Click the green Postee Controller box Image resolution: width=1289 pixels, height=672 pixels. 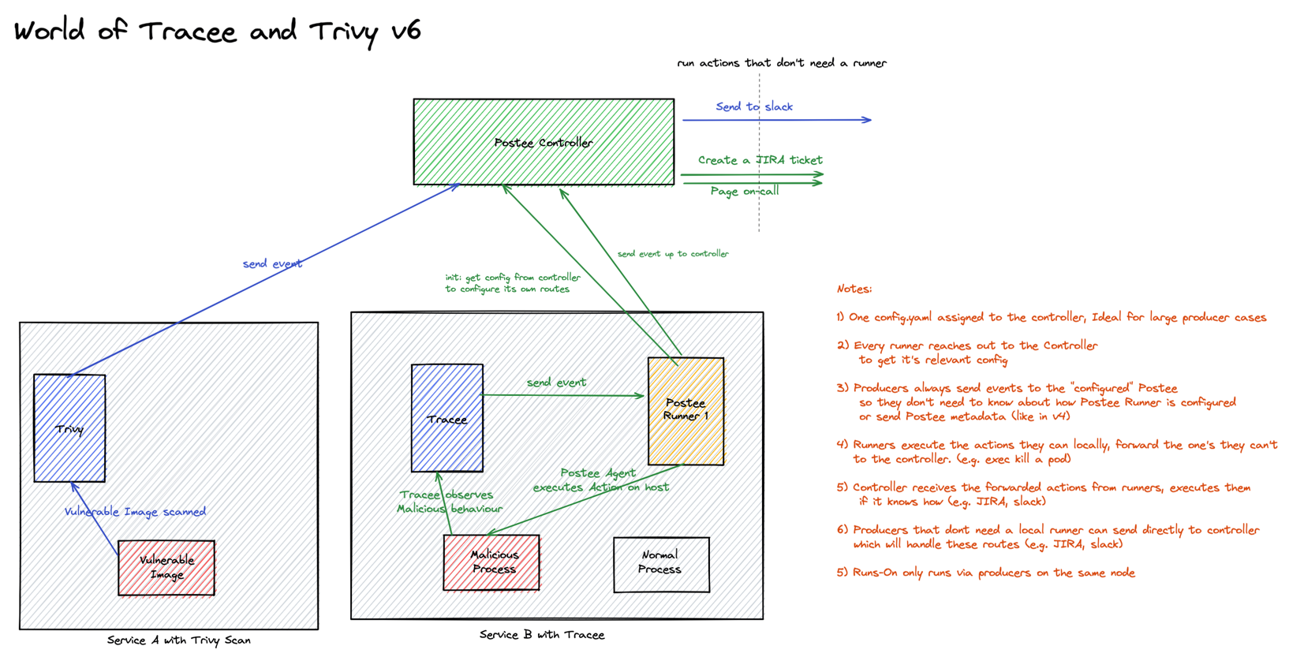tap(544, 142)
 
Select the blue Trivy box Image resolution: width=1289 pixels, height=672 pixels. tap(69, 428)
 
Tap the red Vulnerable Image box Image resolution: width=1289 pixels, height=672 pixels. tap(166, 568)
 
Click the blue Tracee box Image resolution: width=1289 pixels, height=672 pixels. tap(446, 418)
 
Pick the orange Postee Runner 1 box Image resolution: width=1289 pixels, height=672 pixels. tap(686, 410)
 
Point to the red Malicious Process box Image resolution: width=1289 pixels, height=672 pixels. tap(491, 562)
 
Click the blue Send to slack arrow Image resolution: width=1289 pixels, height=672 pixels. tap(777, 120)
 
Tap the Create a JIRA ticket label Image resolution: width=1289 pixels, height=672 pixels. tap(760, 160)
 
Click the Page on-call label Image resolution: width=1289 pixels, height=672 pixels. tap(744, 192)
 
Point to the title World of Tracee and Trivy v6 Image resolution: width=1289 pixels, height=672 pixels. tap(218, 32)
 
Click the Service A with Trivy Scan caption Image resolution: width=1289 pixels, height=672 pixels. tap(179, 640)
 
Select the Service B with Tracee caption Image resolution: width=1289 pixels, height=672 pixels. tap(542, 635)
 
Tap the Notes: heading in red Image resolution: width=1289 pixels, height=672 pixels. tap(854, 289)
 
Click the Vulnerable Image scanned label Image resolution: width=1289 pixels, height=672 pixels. tap(135, 512)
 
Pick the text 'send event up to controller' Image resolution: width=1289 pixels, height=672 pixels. tap(672, 254)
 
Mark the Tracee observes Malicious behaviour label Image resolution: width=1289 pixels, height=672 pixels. tap(449, 502)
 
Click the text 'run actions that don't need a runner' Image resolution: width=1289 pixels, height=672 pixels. tap(781, 63)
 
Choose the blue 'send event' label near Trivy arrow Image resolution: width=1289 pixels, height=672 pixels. tap(272, 263)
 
